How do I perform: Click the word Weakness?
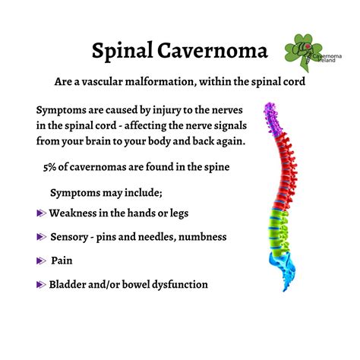(78, 214)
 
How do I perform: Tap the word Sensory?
(72, 237)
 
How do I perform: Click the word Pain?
(62, 261)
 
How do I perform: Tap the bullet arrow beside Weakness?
(41, 215)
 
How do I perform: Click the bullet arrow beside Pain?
(41, 261)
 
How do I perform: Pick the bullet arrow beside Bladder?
(41, 286)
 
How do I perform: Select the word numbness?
(200, 237)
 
